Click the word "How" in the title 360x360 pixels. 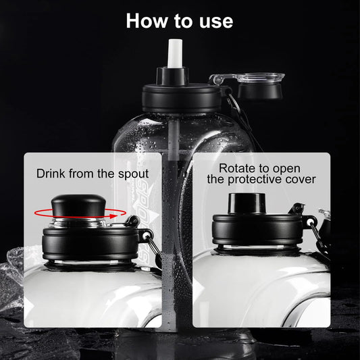coord(147,21)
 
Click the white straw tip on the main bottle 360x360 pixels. coord(175,53)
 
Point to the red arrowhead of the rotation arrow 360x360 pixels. coord(112,216)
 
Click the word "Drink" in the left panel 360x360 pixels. coord(51,174)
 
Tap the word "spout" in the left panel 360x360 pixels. coord(133,174)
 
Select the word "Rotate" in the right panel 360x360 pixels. coord(236,168)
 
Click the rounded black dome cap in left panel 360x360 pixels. coord(78,205)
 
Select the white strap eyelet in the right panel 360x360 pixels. coord(310,222)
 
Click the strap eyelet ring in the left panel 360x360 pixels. coord(146,236)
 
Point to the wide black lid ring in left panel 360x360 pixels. coord(91,244)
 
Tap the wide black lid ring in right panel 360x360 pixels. coord(257,230)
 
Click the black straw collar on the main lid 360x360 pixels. coord(173,76)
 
